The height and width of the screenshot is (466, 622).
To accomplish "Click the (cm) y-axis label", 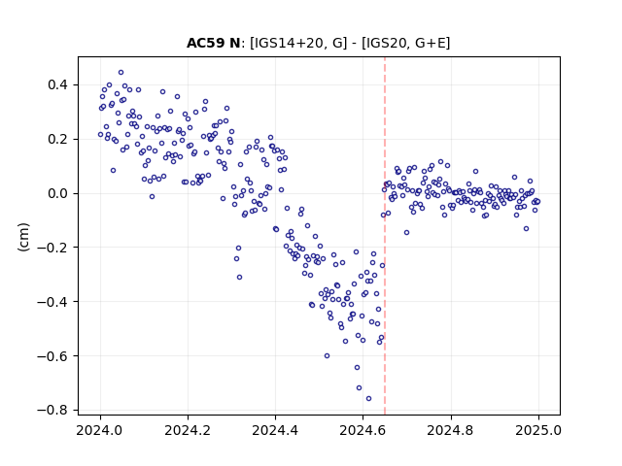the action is [23, 237].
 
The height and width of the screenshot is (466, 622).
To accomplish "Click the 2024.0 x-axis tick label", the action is [100, 430].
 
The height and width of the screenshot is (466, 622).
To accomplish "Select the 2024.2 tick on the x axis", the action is [188, 430].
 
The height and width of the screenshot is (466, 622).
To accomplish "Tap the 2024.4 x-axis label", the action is [275, 430].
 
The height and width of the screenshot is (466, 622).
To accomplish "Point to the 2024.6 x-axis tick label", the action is [363, 430].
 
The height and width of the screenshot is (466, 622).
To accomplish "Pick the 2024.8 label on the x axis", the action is [451, 430].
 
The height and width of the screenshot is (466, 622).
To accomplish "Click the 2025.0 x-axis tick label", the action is [538, 430].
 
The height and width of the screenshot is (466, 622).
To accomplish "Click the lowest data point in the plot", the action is [368, 399].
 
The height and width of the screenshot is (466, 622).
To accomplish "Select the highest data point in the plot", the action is [121, 73].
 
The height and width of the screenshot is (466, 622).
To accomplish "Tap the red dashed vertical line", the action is [385, 236].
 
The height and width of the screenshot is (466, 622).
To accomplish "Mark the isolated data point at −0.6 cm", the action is [327, 356].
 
